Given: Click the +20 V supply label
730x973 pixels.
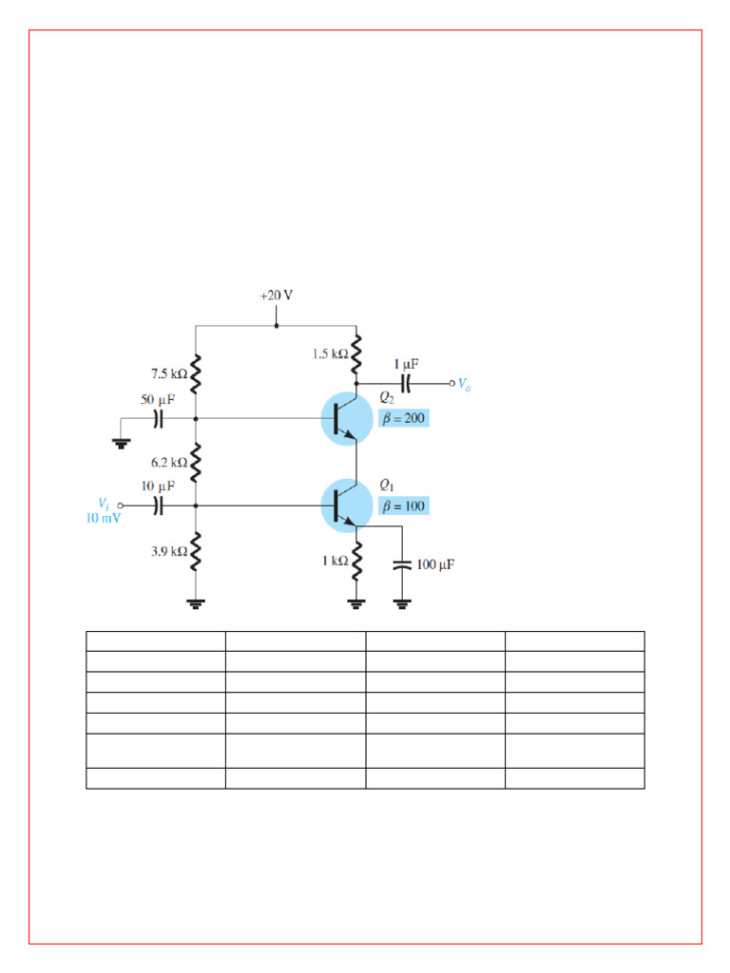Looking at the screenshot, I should (276, 296).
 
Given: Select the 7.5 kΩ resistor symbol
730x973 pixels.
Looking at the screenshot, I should (196, 374).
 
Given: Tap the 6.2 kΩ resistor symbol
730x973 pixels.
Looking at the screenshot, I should (196, 464).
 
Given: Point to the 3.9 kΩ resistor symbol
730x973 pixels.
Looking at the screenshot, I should (196, 553).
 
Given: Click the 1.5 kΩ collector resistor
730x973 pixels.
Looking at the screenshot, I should (356, 354).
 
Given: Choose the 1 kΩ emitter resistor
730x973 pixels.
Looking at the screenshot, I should (356, 563).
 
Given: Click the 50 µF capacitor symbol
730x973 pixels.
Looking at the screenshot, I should (160, 418).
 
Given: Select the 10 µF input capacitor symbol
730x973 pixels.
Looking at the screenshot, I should (160, 506).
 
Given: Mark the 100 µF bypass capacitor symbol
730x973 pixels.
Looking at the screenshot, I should (401, 564).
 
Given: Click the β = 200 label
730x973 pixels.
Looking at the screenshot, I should (404, 418).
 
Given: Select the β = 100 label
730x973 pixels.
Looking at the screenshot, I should (404, 506).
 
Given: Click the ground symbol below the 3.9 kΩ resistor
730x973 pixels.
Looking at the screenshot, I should (196, 602).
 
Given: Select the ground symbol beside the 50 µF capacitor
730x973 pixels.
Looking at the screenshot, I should (120, 441).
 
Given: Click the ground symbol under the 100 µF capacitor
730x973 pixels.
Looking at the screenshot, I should (401, 602).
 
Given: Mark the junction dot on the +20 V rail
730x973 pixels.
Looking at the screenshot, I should (277, 326).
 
